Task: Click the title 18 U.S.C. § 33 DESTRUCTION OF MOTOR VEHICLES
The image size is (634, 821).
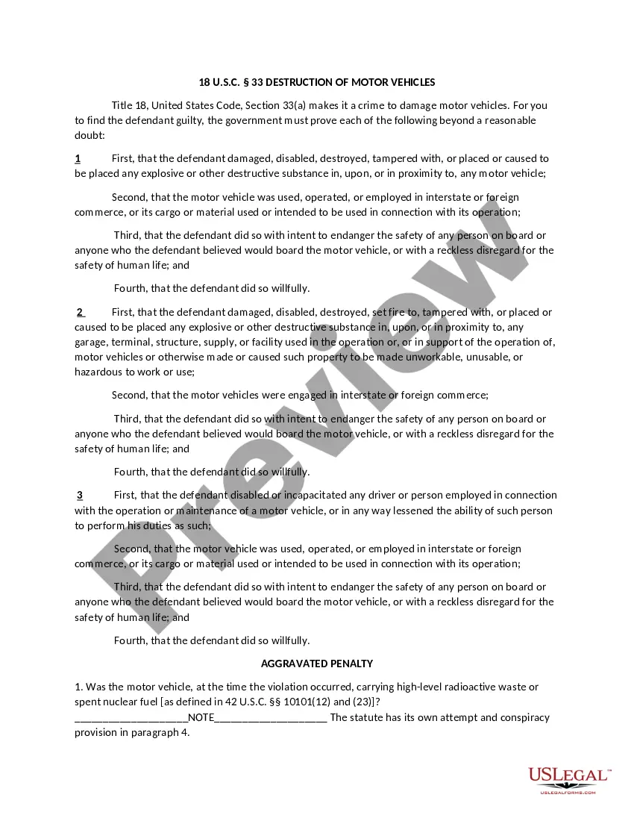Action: coord(317,82)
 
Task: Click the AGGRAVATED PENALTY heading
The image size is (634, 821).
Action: coord(317,664)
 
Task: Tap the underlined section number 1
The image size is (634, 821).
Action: coord(78,158)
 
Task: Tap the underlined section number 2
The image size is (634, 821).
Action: coord(80,312)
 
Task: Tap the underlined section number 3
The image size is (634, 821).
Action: coord(80,495)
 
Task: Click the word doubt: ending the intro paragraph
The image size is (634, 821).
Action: coord(90,135)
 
